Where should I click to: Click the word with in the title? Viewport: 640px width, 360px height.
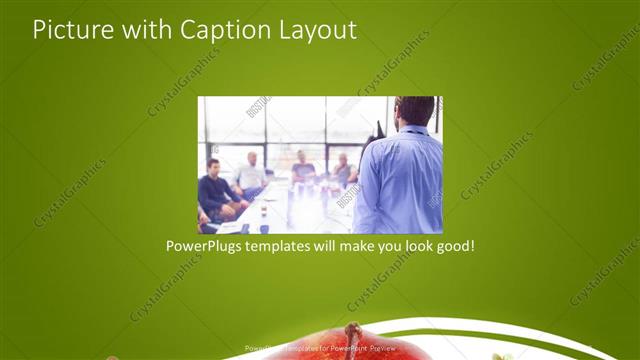(x=146, y=30)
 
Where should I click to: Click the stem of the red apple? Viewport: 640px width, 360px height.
(x=351, y=331)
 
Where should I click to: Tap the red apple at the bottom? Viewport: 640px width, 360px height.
(x=340, y=347)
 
